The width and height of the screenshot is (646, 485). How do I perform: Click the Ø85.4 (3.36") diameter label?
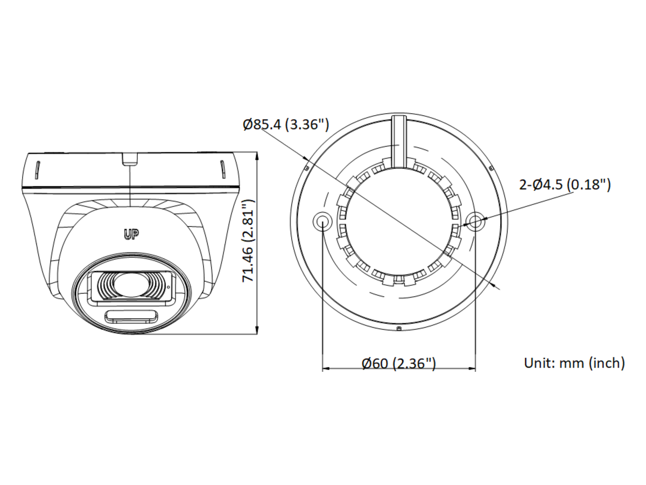(286, 124)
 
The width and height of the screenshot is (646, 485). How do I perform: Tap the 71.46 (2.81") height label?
(248, 241)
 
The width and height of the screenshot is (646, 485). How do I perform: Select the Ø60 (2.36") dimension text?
(398, 363)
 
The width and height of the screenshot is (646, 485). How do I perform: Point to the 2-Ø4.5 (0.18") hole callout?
(565, 185)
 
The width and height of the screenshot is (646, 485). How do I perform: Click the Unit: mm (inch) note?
(574, 363)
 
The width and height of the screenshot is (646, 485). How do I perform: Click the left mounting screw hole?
(322, 220)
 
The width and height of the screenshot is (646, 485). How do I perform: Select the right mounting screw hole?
(475, 220)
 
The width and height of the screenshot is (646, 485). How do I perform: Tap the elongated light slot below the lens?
(130, 316)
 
